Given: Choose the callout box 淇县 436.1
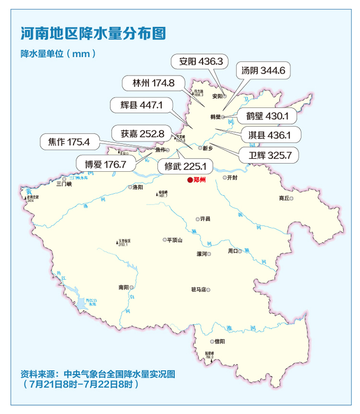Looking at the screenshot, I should (x=270, y=135).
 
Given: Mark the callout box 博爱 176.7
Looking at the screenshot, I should (x=105, y=164).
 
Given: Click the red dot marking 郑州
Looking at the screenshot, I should (x=190, y=180).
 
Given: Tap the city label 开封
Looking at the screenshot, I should (x=232, y=178).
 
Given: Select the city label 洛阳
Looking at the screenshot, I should (x=137, y=187).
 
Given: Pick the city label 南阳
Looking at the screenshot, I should (x=123, y=287).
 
